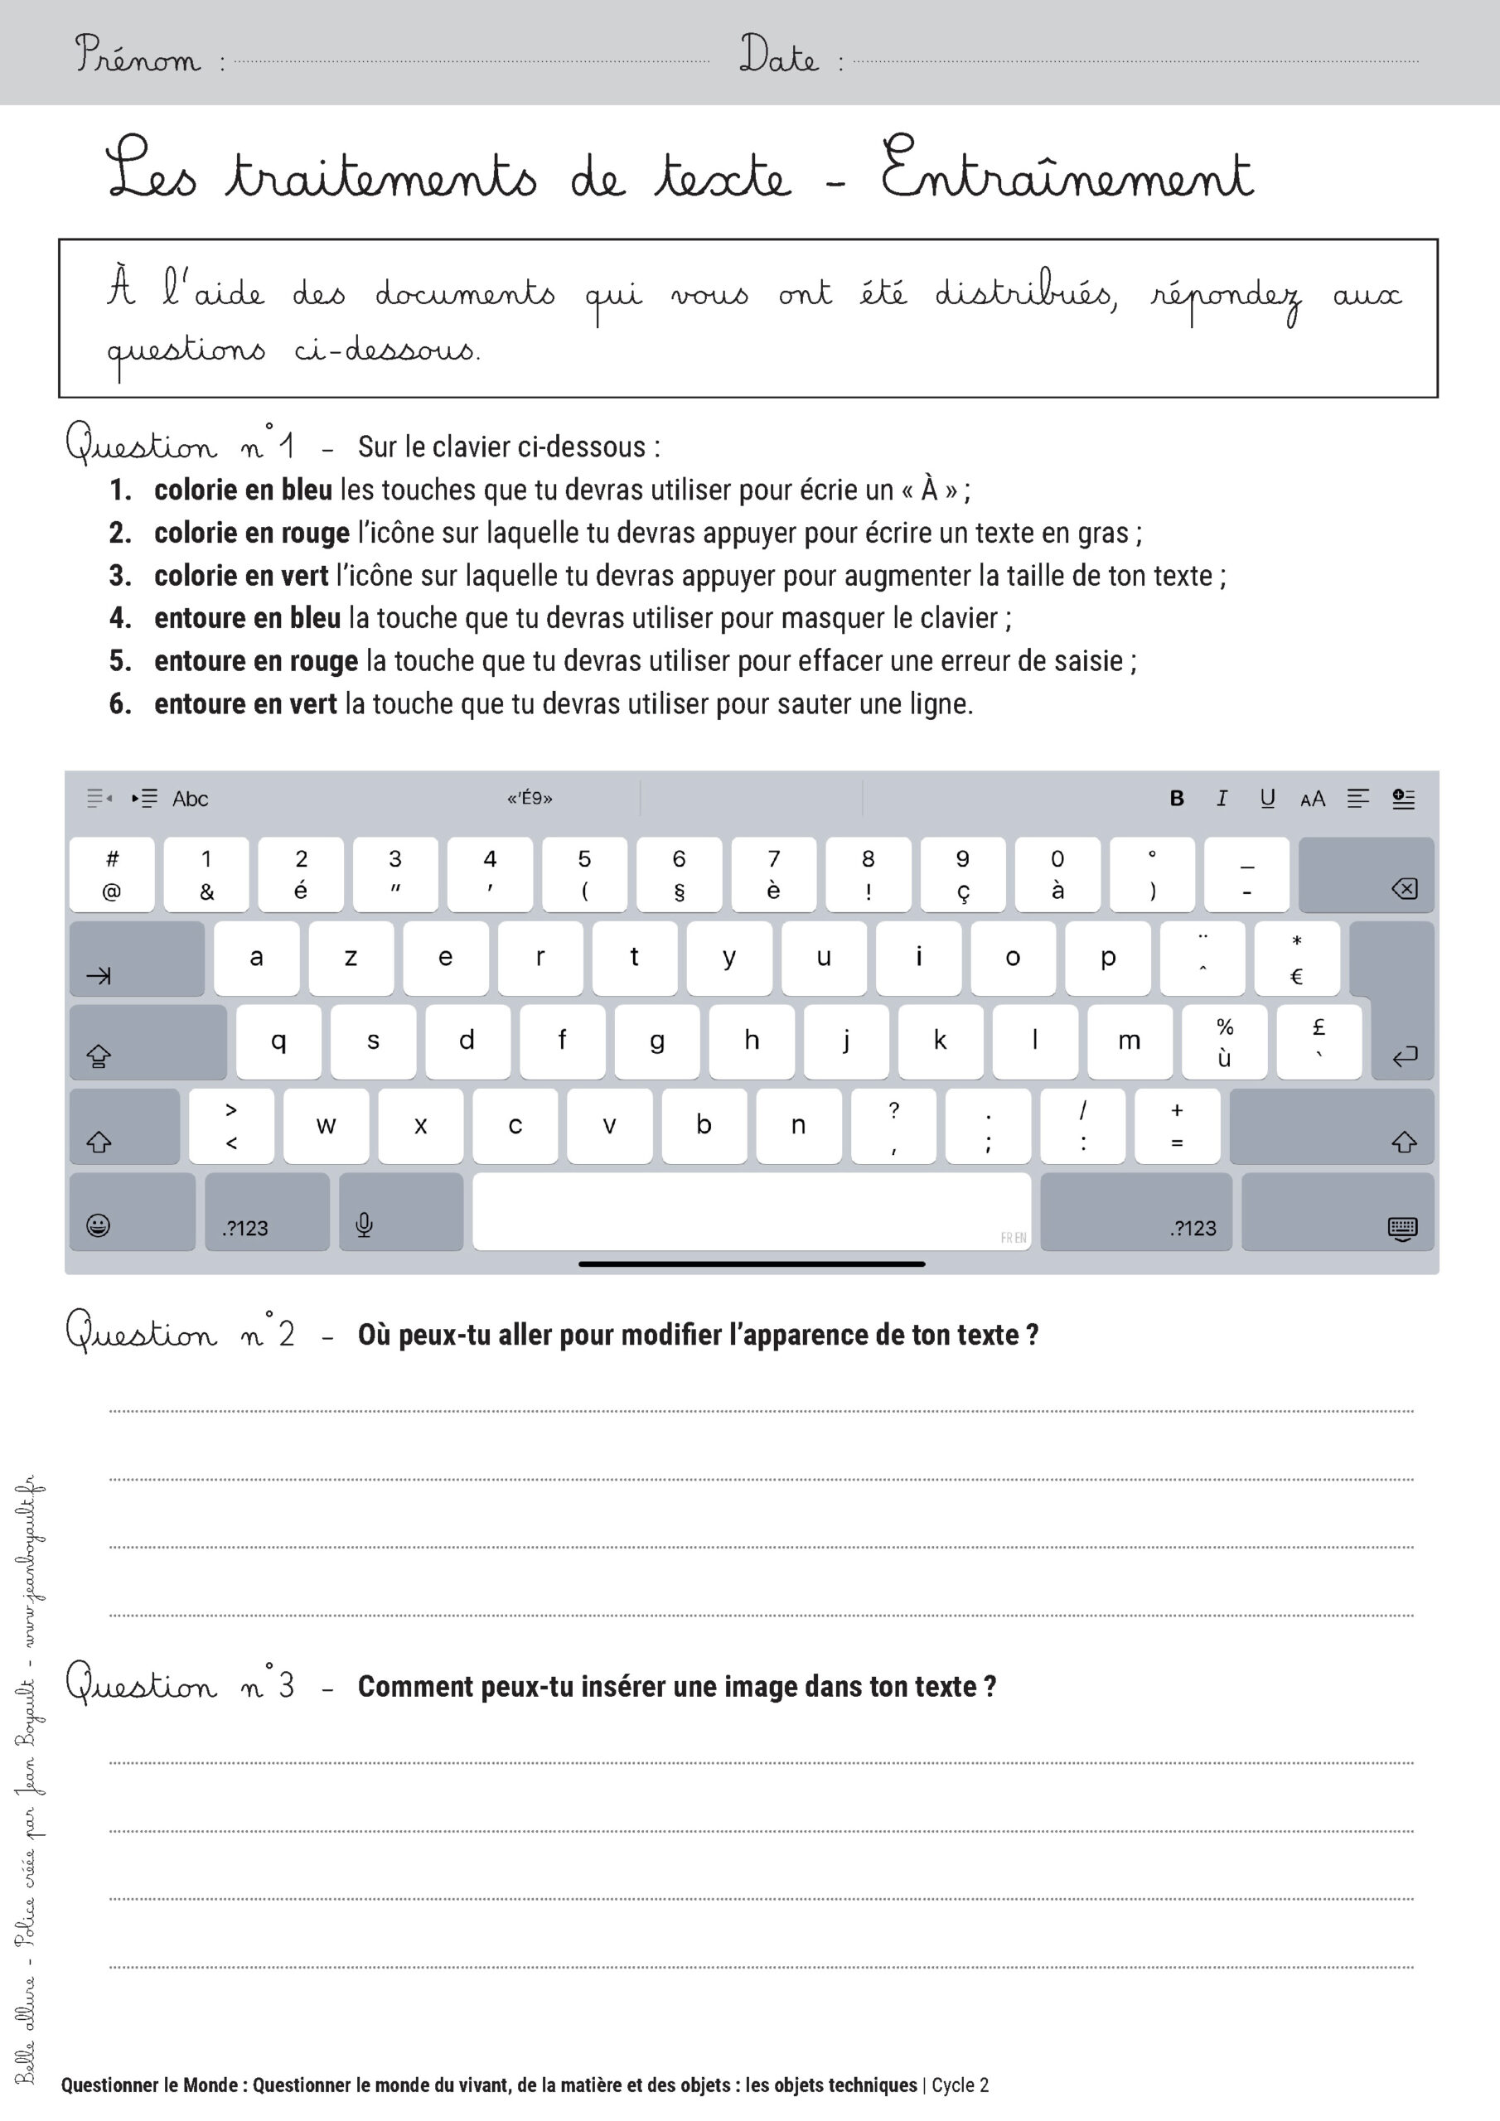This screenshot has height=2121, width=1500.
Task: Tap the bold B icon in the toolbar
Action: pos(1177,798)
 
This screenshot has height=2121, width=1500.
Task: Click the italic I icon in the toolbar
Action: pos(1222,798)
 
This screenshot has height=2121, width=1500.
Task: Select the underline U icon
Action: pos(1267,798)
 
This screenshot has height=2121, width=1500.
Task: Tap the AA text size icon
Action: pos(1313,799)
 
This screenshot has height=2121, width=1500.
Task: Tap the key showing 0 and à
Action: pos(1057,874)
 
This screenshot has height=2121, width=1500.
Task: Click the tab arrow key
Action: pos(137,959)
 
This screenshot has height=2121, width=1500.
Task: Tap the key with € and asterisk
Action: pos(1297,959)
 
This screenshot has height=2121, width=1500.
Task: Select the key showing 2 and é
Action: pos(300,874)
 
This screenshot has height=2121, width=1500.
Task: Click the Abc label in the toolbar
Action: pos(191,799)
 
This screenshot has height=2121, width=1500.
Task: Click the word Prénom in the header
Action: pos(137,55)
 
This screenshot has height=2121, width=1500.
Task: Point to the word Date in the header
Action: pos(778,55)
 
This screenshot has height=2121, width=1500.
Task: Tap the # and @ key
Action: pos(112,874)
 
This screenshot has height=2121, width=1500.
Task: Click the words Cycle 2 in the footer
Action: pos(960,2085)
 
